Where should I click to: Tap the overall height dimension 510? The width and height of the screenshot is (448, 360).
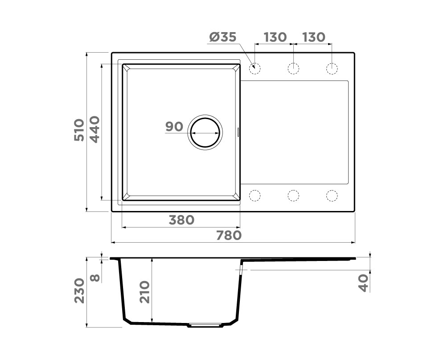(78, 130)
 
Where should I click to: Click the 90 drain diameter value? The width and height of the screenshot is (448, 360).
(174, 127)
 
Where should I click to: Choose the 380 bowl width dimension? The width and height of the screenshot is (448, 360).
(181, 220)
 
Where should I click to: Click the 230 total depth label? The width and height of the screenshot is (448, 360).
(79, 290)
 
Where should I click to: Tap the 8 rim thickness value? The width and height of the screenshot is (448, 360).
(95, 278)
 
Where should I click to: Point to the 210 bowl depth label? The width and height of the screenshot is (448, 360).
(144, 292)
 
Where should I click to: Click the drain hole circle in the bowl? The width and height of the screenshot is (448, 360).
(205, 133)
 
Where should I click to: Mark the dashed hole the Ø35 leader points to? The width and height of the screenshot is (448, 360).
(255, 68)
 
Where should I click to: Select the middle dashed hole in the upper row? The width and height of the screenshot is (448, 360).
(293, 68)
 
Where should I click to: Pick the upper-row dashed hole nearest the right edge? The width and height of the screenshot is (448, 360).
(332, 68)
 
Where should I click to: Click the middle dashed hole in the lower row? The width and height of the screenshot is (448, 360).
(293, 195)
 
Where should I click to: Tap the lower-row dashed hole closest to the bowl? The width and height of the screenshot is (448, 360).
(255, 195)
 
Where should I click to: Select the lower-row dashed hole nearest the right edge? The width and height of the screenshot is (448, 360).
(332, 195)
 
